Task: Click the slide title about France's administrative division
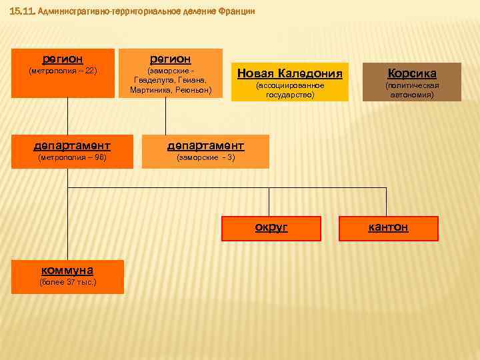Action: [x=133, y=11]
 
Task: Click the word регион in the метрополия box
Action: [x=63, y=59]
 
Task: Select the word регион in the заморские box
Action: [x=171, y=59]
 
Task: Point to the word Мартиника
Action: [x=150, y=89]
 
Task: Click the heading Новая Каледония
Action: [x=289, y=73]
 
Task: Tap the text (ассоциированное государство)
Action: [x=289, y=90]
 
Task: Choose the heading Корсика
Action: [x=411, y=73]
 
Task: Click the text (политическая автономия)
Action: [x=411, y=90]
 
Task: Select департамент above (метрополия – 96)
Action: [x=72, y=145]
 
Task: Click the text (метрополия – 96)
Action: [x=72, y=158]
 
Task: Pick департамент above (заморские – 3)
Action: [x=205, y=145]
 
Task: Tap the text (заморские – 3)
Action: [x=205, y=158]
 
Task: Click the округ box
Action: [x=271, y=228]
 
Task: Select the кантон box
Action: [x=389, y=228]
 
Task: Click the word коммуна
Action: [x=67, y=270]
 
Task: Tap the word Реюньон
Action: [x=194, y=89]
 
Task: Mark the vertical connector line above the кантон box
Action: [x=386, y=202]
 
